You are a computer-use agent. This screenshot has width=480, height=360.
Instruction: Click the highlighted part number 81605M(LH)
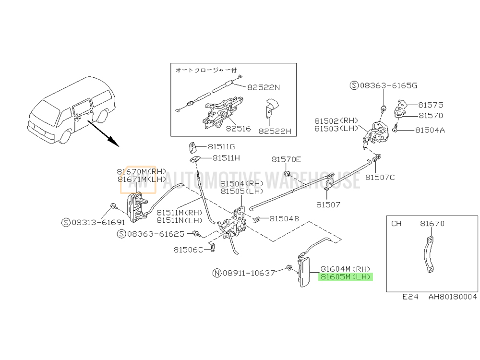pyautogui.click(x=346, y=277)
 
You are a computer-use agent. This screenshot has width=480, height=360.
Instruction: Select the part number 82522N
pyautogui.click(x=264, y=87)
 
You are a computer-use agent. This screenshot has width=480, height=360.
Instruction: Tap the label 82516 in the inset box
pyautogui.click(x=239, y=129)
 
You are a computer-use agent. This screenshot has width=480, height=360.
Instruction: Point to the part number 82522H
pyautogui.click(x=275, y=132)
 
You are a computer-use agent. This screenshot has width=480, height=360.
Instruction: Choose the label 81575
pyautogui.click(x=431, y=105)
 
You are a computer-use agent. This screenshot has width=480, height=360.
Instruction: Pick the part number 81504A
pyautogui.click(x=430, y=131)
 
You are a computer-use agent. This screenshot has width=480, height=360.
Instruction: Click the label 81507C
pyautogui.click(x=380, y=178)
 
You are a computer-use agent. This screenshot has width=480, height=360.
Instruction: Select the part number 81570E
pyautogui.click(x=286, y=159)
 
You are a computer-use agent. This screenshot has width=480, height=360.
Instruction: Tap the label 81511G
pyautogui.click(x=221, y=147)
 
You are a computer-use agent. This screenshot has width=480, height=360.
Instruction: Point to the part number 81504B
pyautogui.click(x=284, y=219)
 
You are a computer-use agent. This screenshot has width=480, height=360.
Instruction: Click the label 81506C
pyautogui.click(x=188, y=250)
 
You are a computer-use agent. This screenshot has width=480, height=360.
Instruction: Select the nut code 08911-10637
pyautogui.click(x=249, y=273)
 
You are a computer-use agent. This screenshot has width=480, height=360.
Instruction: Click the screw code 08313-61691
pyautogui.click(x=98, y=223)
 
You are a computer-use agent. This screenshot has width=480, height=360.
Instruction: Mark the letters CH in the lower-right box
pyautogui.click(x=396, y=224)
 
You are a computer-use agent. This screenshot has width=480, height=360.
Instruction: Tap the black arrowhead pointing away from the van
pyautogui.click(x=113, y=143)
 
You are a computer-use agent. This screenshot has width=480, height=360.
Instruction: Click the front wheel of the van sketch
pyautogui.click(x=65, y=137)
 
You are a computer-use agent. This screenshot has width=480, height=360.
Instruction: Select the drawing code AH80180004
pyautogui.click(x=453, y=297)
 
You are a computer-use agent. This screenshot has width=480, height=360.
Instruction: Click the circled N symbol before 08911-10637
pyautogui.click(x=217, y=273)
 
